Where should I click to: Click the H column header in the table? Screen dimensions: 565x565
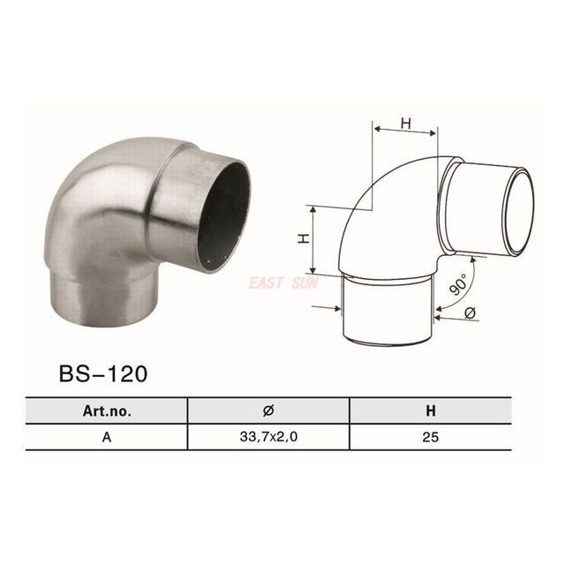[431, 411]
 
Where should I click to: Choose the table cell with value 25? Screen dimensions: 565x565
[431, 436]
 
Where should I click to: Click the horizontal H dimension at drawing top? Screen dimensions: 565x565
[406, 124]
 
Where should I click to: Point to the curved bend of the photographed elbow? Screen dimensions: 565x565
[102, 203]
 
